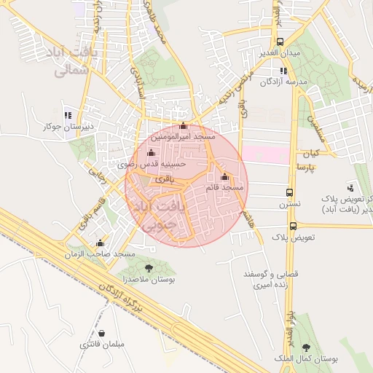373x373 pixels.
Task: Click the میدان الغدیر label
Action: [x=281, y=55]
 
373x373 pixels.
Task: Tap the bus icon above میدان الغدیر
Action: [x=280, y=42]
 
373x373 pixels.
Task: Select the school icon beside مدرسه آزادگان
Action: [x=283, y=71]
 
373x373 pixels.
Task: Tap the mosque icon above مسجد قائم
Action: [x=224, y=176]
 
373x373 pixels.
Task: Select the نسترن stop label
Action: [x=291, y=206]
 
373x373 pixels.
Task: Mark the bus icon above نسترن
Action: [x=290, y=194]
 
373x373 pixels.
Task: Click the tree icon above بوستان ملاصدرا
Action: [x=149, y=268]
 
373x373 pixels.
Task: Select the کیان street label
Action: [x=311, y=154]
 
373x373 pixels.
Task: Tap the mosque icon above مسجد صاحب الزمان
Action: [x=100, y=243]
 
